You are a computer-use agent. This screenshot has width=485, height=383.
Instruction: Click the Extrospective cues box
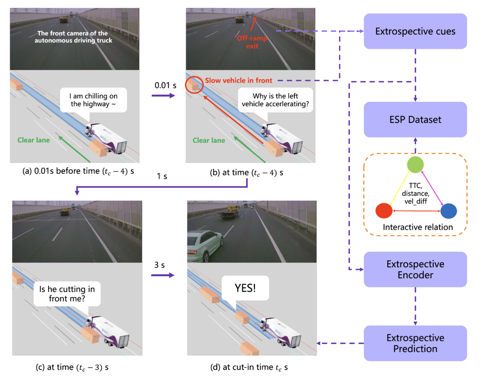point(415,31)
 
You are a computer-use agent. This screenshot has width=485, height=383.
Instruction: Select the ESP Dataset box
point(415,119)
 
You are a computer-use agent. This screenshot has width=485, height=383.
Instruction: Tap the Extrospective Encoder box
point(415,269)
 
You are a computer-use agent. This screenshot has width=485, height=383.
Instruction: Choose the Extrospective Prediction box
point(415,343)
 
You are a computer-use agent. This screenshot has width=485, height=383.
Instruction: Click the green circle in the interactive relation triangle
point(415,165)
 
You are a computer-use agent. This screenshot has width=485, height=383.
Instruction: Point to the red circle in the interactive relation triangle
point(384,211)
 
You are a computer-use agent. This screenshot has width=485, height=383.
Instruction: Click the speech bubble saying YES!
point(245,288)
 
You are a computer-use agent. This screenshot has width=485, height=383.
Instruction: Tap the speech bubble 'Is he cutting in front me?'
point(67,294)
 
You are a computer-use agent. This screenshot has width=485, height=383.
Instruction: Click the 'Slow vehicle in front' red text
point(238,80)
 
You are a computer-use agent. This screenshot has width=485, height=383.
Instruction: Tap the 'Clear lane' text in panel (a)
point(34,140)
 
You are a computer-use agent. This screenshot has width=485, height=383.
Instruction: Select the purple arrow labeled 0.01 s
point(163,96)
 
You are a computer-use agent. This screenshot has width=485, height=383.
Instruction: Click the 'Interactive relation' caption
point(418,227)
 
